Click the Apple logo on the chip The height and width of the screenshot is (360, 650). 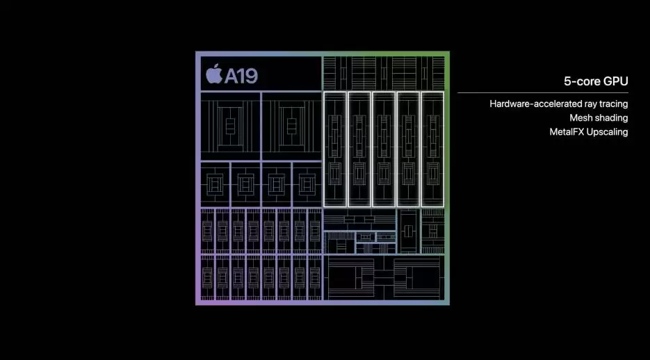(x=213, y=73)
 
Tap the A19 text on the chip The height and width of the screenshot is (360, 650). (x=241, y=75)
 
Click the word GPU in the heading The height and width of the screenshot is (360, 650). (x=615, y=81)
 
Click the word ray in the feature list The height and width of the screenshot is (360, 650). (x=588, y=104)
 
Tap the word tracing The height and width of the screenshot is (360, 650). (x=613, y=104)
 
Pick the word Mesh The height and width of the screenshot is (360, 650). (x=581, y=118)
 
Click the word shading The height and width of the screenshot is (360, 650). (x=612, y=118)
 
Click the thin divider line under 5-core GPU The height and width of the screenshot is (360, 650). (x=542, y=92)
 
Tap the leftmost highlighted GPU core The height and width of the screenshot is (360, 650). (x=335, y=149)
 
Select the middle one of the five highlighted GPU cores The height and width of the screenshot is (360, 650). (x=384, y=149)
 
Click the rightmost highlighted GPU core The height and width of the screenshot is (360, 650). (x=432, y=149)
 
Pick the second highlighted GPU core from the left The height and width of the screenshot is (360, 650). (x=359, y=149)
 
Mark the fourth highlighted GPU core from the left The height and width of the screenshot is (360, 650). (x=408, y=149)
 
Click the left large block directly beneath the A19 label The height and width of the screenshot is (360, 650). (x=229, y=126)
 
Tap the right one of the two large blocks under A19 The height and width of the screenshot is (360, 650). (x=291, y=126)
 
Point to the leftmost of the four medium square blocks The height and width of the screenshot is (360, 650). (x=214, y=183)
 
